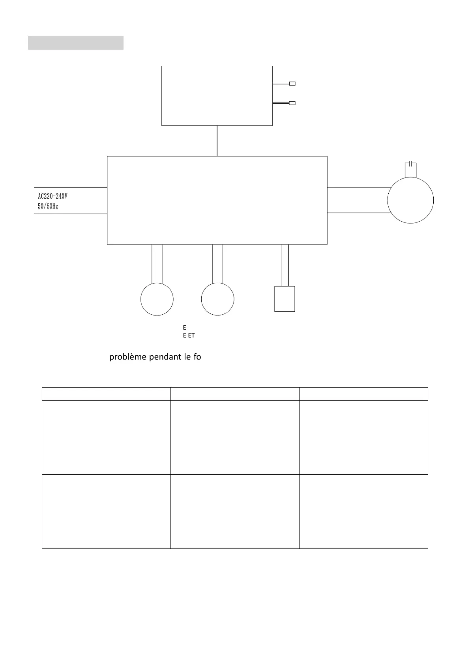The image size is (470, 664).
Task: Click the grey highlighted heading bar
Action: click(x=75, y=43)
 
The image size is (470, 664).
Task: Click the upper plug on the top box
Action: click(x=292, y=84)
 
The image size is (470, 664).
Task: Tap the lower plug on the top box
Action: click(x=292, y=103)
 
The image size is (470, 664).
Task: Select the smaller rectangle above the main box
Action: click(x=217, y=96)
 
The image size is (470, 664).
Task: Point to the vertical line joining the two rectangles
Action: click(x=217, y=141)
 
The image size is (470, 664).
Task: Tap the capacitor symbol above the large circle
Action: click(x=411, y=163)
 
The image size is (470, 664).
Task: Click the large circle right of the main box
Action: click(x=410, y=200)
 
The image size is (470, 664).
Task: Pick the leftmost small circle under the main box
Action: click(x=157, y=299)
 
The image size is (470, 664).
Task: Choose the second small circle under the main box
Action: click(x=217, y=299)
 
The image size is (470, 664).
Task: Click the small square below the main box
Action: click(x=285, y=299)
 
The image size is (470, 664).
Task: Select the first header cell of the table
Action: click(x=106, y=394)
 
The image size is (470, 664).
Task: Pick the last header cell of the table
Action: click(x=363, y=394)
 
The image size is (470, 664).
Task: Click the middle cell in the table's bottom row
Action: click(x=235, y=511)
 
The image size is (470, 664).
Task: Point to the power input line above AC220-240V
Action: click(x=71, y=187)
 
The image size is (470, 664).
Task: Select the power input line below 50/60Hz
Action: click(x=71, y=213)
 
